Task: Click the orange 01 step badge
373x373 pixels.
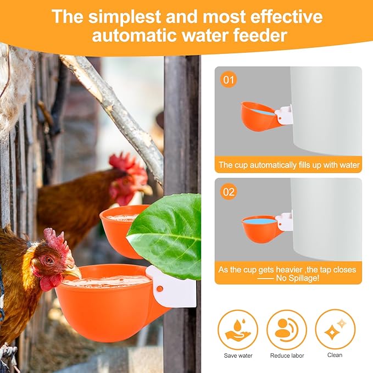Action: point(229,80)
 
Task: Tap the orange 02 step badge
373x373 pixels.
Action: point(229,192)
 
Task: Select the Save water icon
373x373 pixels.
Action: point(238,330)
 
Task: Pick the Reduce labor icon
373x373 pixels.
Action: point(287,330)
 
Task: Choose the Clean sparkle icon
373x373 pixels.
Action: point(335,329)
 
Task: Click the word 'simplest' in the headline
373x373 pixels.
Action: point(125,16)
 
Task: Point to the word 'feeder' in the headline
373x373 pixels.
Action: point(260,36)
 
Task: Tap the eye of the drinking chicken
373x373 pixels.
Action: point(49,259)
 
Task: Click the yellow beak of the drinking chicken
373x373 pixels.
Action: point(73,271)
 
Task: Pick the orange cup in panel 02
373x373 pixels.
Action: point(261,229)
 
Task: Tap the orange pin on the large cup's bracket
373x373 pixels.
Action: point(160,289)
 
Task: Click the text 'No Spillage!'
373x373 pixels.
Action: point(297,278)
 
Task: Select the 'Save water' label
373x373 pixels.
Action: point(238,355)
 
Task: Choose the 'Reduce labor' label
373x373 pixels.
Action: point(287,355)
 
